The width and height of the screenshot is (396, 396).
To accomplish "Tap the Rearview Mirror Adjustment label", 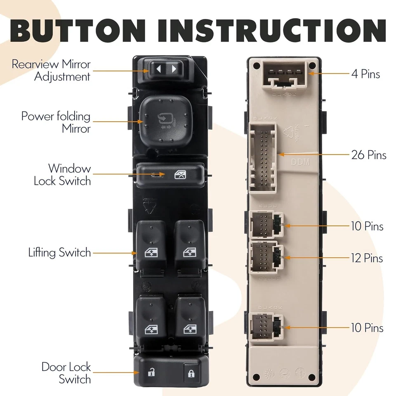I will pyautogui.click(x=51, y=71).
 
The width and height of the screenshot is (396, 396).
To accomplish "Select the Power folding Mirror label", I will pyautogui.click(x=56, y=122).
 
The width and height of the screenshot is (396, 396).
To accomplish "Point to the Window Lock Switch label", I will pyautogui.click(x=62, y=174).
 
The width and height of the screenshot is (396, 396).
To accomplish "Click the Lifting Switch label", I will pyautogui.click(x=59, y=252).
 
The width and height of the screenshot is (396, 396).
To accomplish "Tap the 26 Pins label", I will pyautogui.click(x=369, y=155).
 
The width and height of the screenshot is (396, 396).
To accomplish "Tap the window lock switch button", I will pyautogui.click(x=170, y=175).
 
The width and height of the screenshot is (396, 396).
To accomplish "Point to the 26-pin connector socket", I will pyautogui.click(x=264, y=158).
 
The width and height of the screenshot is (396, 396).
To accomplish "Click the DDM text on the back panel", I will pyautogui.click(x=300, y=162).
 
